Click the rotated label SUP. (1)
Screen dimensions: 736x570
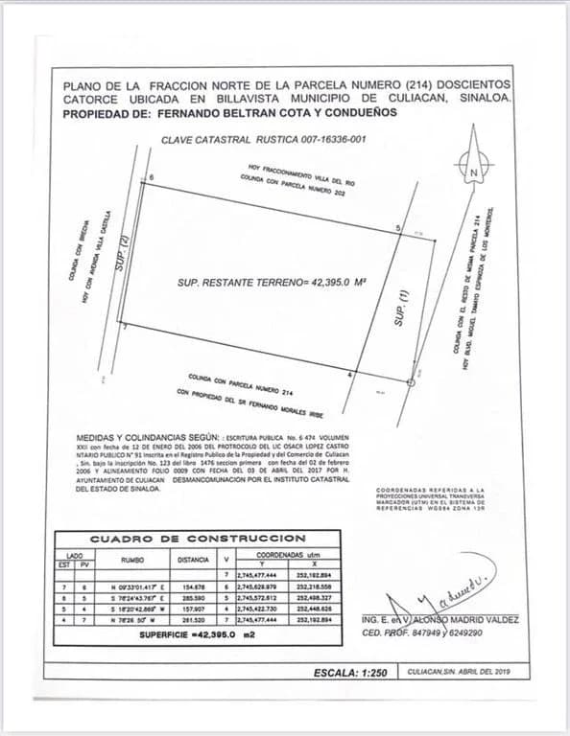pos(404,308)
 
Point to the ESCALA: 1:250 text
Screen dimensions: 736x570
pos(349,673)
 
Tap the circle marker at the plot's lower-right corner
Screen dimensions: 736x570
pos(412,382)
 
